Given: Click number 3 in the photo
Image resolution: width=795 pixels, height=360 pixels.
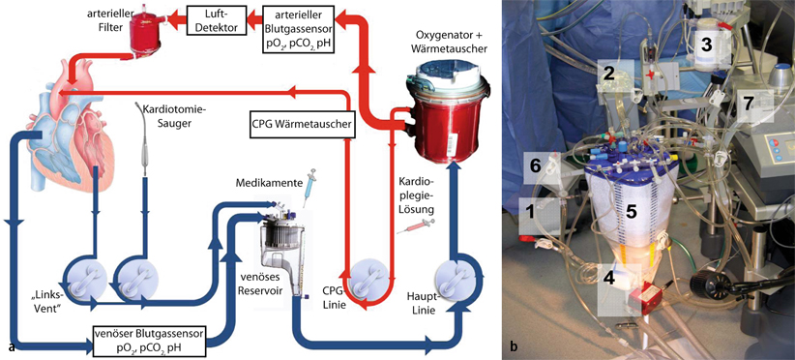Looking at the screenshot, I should click(706, 44).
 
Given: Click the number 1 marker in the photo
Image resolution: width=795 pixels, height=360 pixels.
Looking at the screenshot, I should click(530, 206).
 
